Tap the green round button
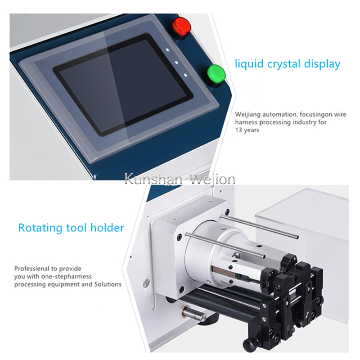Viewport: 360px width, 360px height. click(x=216, y=74)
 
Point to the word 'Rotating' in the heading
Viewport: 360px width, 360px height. click(x=40, y=228)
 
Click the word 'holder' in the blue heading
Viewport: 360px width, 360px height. click(x=107, y=228)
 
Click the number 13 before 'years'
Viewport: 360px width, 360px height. click(x=238, y=130)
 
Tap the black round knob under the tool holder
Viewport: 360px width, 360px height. click(x=248, y=343)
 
